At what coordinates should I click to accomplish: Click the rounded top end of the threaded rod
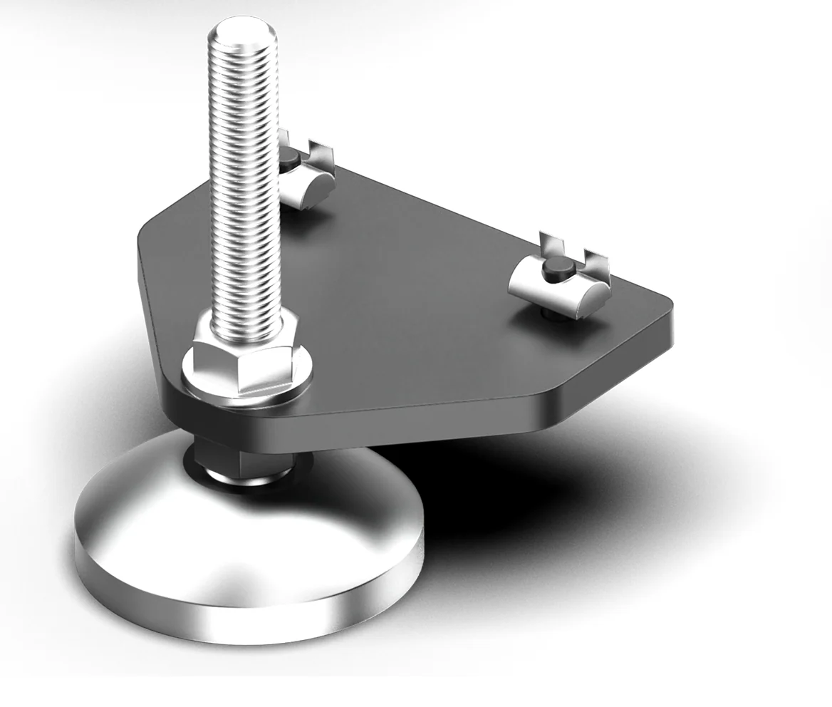[x=241, y=31]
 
